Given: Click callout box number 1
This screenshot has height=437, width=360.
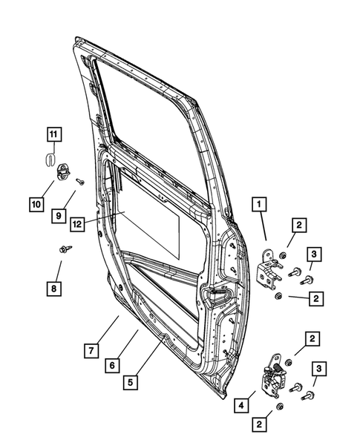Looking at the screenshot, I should coord(261,201).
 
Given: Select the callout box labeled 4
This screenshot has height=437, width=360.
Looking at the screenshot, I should coord(241,406).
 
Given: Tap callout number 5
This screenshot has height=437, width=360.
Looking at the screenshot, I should coord(131,383).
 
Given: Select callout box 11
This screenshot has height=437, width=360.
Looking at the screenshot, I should coord(53,134).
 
